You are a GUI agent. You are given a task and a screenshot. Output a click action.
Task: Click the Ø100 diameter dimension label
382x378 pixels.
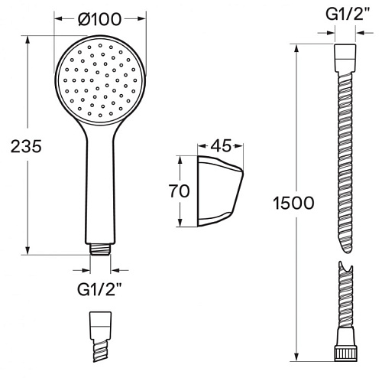(x=100, y=19)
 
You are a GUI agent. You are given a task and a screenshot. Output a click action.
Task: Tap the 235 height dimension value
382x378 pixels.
(x=26, y=146)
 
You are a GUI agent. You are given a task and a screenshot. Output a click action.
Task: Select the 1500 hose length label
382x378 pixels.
(x=293, y=203)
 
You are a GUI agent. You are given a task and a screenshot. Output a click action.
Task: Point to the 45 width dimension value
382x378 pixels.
(x=221, y=145)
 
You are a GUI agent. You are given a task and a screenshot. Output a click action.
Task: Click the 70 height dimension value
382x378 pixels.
(x=180, y=191)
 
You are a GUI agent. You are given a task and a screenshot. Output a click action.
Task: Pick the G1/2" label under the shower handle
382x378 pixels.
(x=99, y=289)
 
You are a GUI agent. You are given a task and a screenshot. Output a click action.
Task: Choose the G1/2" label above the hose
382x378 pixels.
(x=348, y=15)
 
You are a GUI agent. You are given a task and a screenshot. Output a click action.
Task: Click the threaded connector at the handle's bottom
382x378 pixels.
(x=100, y=249)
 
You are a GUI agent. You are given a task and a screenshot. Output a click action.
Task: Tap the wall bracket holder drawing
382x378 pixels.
(x=220, y=191)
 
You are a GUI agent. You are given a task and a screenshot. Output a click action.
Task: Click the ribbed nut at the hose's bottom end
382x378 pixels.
(x=346, y=354)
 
